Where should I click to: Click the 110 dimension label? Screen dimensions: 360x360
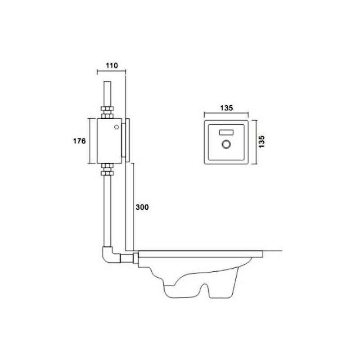112,66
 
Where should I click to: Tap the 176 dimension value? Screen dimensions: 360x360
80,141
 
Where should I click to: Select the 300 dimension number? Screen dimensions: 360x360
142,207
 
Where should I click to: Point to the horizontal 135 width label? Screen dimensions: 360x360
226,108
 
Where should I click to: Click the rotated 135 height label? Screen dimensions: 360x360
261,142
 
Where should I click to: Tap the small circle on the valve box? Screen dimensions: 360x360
117,127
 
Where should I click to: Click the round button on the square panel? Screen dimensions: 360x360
226,144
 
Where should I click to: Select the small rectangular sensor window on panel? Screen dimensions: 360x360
226,132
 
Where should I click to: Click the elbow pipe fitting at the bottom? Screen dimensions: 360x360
110,256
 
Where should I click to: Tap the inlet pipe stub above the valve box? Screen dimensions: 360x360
107,94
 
